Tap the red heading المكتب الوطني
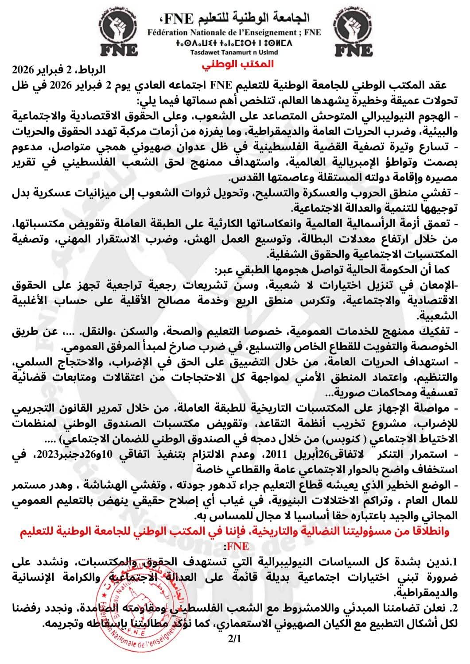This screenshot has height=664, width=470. [x=237, y=63]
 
